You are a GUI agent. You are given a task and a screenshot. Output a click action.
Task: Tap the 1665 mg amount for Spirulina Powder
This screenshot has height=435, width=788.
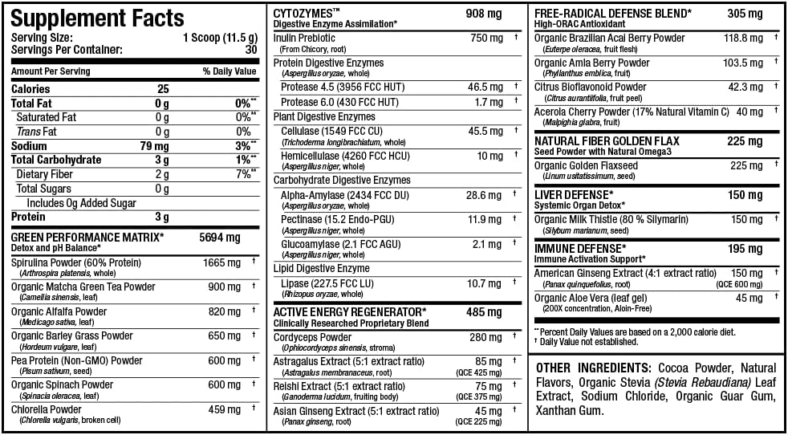pos(221,262)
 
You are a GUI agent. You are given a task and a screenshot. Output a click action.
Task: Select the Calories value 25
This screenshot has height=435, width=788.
pos(163,89)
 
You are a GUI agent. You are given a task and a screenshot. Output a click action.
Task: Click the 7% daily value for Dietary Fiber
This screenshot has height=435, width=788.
pos(242,174)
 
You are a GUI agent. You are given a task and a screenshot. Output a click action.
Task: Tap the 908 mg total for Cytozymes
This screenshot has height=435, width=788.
pos(484,14)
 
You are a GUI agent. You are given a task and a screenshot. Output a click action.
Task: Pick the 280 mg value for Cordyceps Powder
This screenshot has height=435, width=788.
pos(485,337)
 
